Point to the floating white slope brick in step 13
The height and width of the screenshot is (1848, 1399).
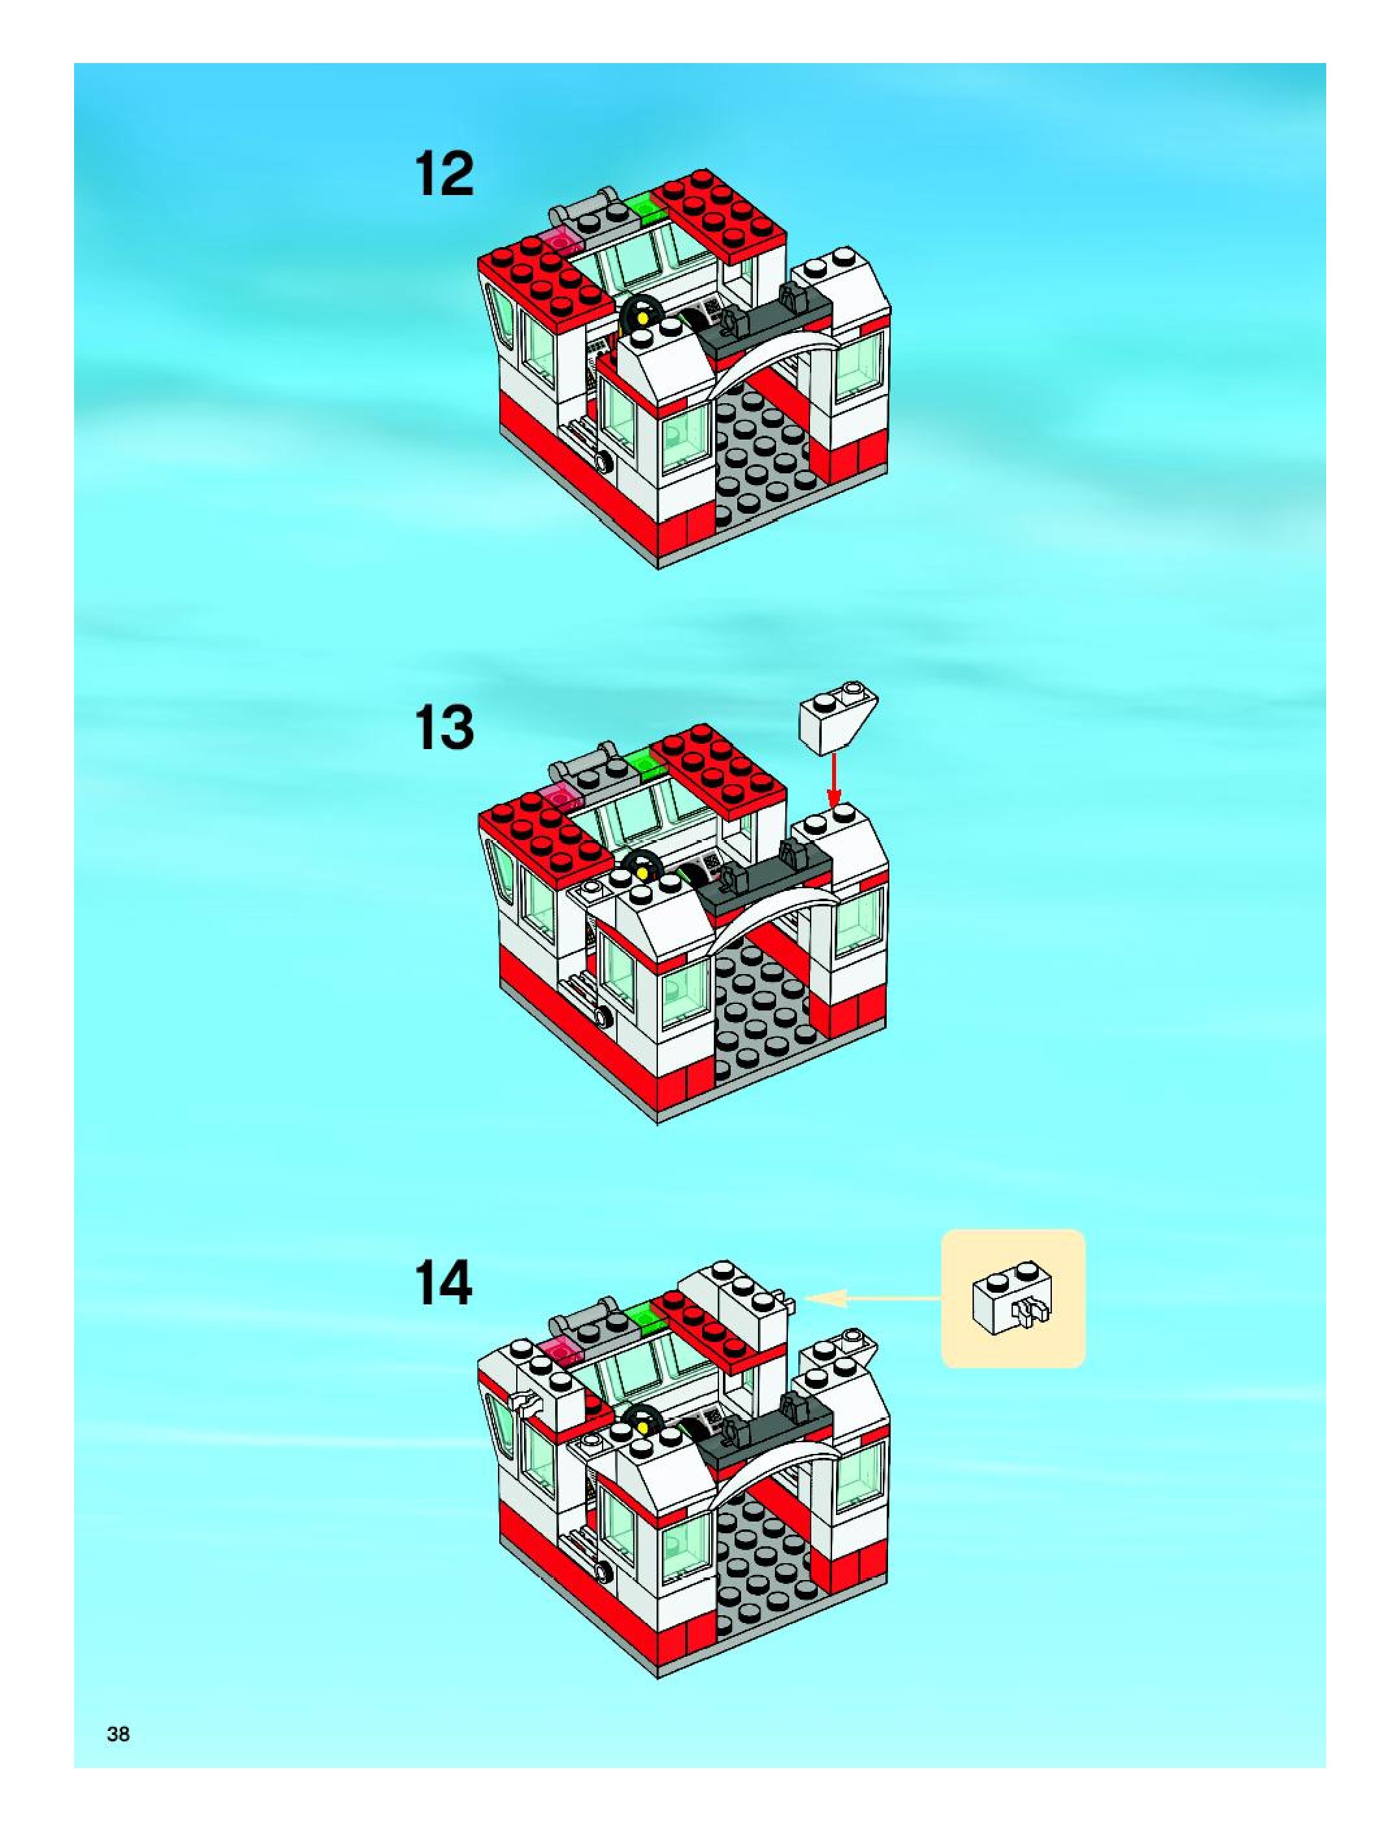[838, 715]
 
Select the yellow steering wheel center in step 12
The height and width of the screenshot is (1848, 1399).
[643, 319]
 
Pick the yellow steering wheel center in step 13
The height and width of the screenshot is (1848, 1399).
[643, 872]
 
